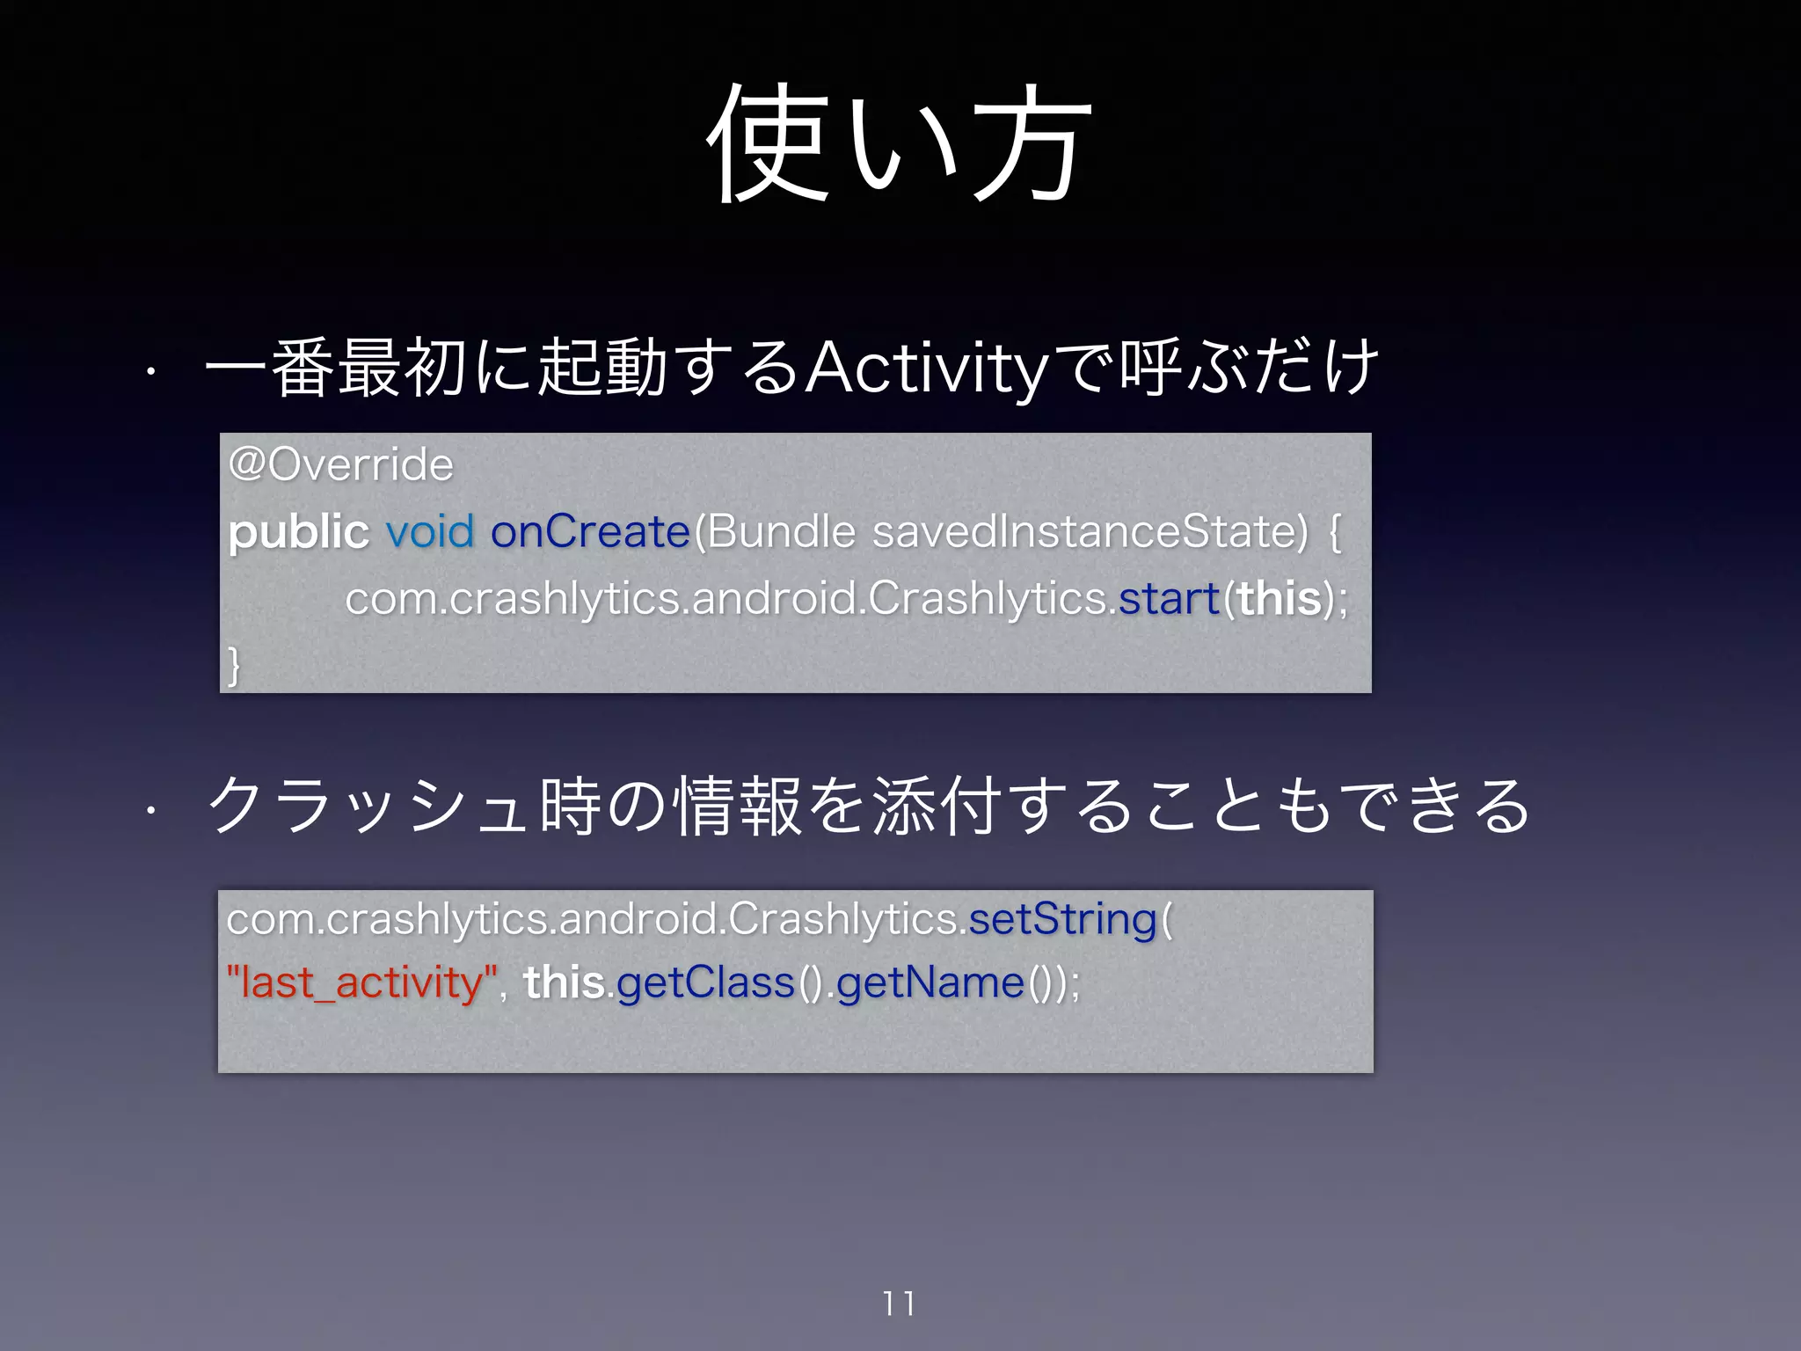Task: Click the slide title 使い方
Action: tap(899, 143)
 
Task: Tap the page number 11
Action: tap(899, 1303)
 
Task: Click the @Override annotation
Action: tap(340, 464)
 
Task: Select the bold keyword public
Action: tap(298, 532)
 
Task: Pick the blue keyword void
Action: tap(430, 532)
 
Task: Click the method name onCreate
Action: tap(589, 532)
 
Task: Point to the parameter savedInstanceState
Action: tap(1090, 532)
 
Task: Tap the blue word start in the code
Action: tap(1168, 599)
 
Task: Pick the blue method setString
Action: tap(1062, 920)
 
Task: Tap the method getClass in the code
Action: tap(705, 982)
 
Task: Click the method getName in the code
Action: tap(930, 982)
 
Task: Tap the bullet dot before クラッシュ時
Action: tap(151, 808)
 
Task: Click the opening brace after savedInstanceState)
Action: tap(1335, 532)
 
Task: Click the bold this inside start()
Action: tap(1280, 599)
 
